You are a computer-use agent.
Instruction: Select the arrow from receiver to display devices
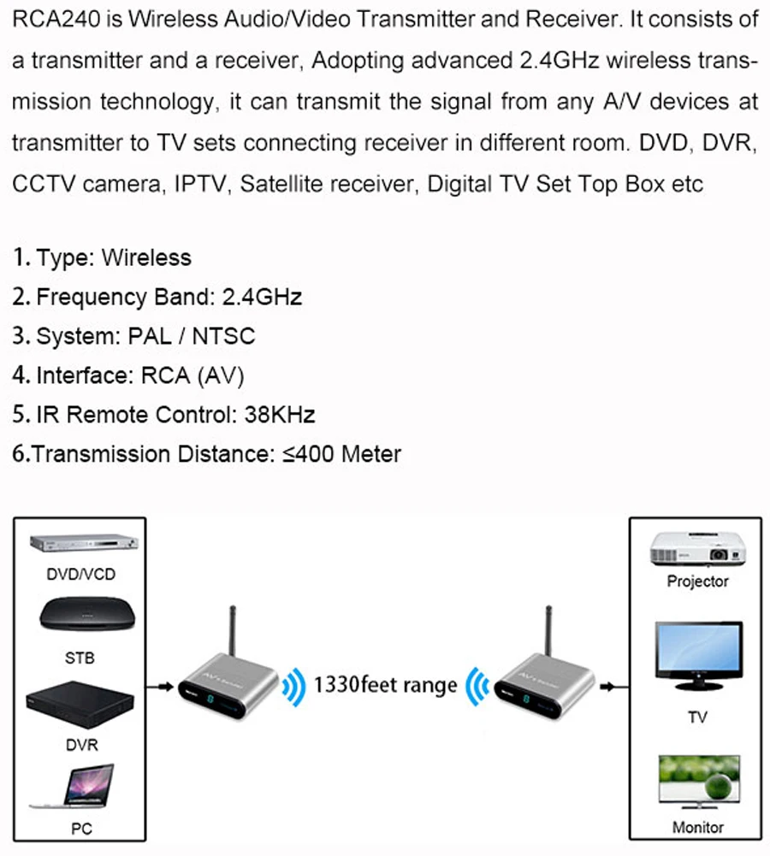[x=609, y=685]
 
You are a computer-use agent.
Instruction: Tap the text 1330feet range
[x=386, y=685]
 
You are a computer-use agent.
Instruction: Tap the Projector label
[x=697, y=581]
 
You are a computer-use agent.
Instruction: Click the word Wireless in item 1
[x=146, y=257]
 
